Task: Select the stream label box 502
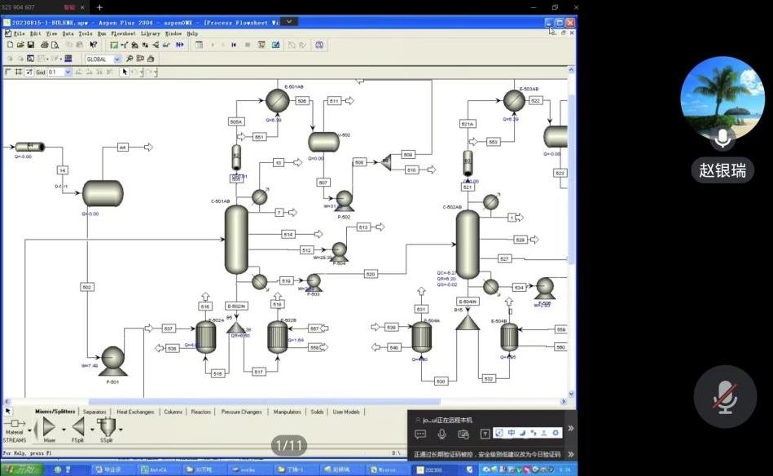click(87, 287)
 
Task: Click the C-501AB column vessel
click(236, 239)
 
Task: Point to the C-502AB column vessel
click(468, 245)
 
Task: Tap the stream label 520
click(371, 274)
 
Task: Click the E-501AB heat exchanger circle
click(277, 100)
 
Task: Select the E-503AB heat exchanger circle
click(514, 100)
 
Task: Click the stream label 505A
click(236, 121)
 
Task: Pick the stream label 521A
click(467, 124)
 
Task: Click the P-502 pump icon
click(344, 198)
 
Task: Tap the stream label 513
click(362, 227)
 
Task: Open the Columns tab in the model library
click(173, 412)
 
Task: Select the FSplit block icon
click(77, 426)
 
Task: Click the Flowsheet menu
click(122, 33)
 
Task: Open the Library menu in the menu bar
click(150, 33)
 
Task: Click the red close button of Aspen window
click(570, 23)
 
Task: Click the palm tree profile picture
click(722, 97)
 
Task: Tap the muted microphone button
click(724, 397)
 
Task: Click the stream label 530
click(441, 381)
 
